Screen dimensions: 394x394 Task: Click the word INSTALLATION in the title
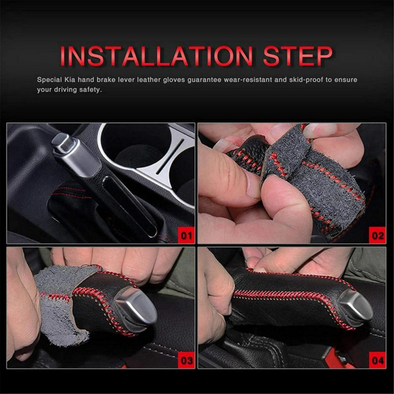click(x=156, y=56)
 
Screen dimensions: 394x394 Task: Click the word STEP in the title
click(x=297, y=56)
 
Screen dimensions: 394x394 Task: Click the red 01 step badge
click(x=187, y=235)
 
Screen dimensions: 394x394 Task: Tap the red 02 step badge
click(x=377, y=235)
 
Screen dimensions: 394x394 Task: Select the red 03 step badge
click(x=187, y=360)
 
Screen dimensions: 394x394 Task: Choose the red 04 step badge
click(x=377, y=360)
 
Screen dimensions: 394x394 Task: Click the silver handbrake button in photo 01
click(x=62, y=142)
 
